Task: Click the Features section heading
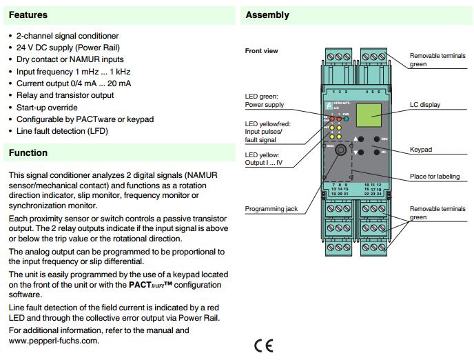(28, 14)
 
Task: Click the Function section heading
(28, 152)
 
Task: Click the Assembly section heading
(267, 14)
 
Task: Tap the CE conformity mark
(263, 345)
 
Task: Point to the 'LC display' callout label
(424, 105)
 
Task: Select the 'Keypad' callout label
(421, 149)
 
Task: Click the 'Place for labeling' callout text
(434, 177)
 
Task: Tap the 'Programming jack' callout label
(271, 209)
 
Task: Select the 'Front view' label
(261, 51)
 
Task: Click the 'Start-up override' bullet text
(47, 107)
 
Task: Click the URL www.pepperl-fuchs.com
(54, 340)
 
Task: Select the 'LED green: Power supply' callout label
(265, 101)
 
